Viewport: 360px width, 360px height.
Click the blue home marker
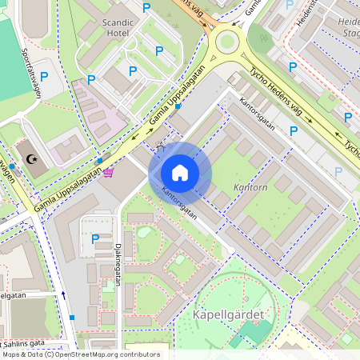(x=180, y=172)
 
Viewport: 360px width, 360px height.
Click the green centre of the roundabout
(x=227, y=40)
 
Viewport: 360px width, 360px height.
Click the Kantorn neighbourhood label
(x=250, y=186)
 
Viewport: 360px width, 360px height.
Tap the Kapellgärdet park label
(x=228, y=314)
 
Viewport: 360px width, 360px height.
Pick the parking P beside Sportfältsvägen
(x=44, y=77)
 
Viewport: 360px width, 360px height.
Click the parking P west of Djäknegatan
(x=96, y=238)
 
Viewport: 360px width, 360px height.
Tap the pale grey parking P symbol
(x=338, y=171)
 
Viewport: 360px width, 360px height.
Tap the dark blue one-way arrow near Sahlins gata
(x=63, y=295)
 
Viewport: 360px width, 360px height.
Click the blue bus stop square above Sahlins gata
(x=72, y=318)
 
